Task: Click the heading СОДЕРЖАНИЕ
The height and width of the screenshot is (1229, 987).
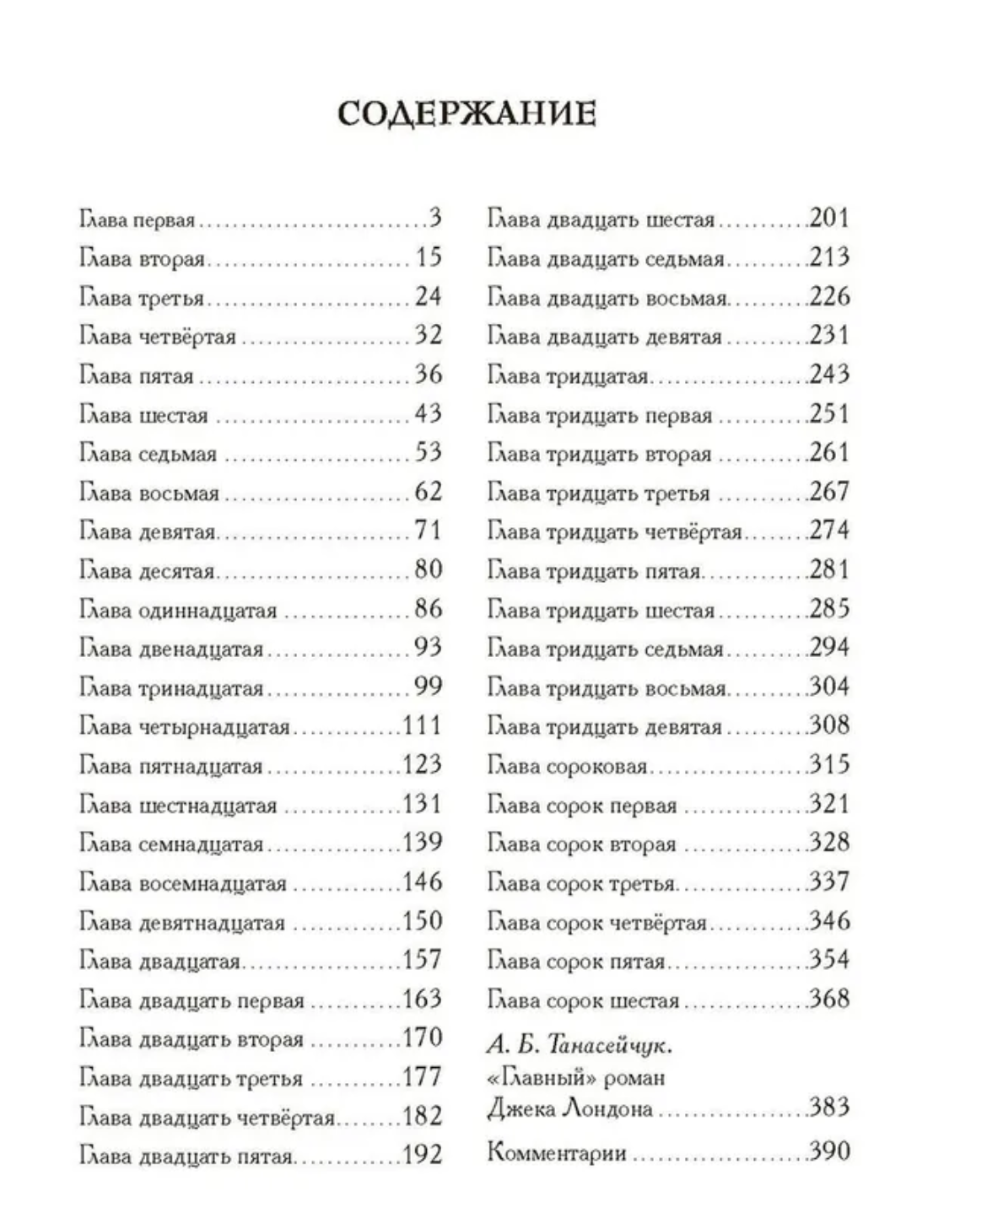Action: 467,114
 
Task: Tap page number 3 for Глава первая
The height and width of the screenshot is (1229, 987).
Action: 434,218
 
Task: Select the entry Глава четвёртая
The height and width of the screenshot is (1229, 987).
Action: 158,337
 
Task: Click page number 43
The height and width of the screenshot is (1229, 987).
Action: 428,413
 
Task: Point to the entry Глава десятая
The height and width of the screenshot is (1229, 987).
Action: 148,571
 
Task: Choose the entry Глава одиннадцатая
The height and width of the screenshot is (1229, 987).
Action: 178,610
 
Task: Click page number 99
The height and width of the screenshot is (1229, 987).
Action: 428,687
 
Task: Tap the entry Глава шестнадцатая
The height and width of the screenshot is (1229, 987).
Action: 178,805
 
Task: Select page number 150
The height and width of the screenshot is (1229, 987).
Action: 422,921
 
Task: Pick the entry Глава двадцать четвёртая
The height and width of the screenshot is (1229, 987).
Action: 208,1118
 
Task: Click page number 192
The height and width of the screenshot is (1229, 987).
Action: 422,1155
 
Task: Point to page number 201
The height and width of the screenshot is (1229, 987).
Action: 828,218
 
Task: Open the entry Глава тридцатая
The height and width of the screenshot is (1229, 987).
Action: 568,375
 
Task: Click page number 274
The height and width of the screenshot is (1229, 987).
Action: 828,531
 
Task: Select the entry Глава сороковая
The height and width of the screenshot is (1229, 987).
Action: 567,766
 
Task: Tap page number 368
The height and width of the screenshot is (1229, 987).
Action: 828,1000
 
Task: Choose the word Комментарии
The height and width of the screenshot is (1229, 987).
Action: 557,1152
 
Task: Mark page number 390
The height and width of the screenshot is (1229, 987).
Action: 828,1151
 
